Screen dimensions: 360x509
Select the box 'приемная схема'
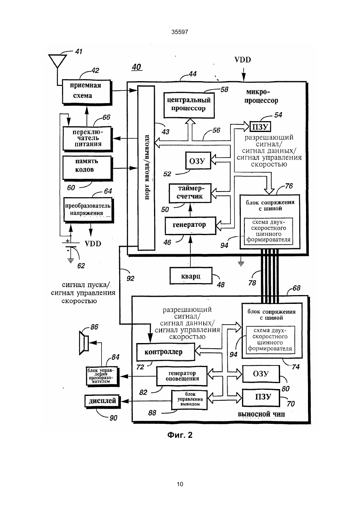coord(86,92)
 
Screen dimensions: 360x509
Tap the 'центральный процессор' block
coord(189,105)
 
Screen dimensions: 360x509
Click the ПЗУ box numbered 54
coord(260,127)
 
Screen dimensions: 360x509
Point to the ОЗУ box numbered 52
coord(198,161)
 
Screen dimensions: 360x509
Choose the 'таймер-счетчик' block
coord(190,193)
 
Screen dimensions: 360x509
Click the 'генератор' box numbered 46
coord(190,226)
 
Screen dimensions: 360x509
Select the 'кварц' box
coord(191,275)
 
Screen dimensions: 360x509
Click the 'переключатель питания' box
coord(87,139)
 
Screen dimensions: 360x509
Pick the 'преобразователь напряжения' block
coord(88,210)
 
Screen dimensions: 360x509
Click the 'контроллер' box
coord(166,352)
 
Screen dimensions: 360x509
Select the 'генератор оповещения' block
coord(182,376)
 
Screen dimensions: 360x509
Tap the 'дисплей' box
coord(102,401)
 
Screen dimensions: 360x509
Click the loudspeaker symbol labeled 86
coord(84,343)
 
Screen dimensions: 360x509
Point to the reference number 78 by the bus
coord(252,283)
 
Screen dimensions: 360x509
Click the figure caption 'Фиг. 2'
coord(180,435)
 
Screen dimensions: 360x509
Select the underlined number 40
coord(136,67)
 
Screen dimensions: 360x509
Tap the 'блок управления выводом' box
coord(189,400)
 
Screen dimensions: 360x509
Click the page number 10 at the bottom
coord(180,484)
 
